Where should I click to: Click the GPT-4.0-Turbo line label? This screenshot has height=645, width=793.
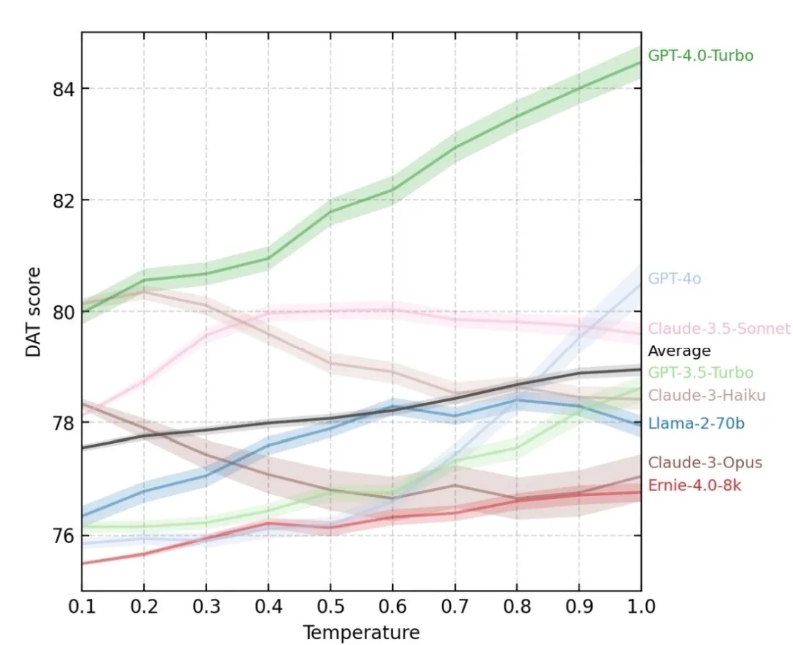pos(700,55)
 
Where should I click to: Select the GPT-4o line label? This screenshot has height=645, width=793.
pos(674,279)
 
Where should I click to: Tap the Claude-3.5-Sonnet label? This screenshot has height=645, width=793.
pos(719,329)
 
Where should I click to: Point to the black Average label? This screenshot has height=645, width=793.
pos(678,351)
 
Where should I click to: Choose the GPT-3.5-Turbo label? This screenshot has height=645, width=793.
pos(700,373)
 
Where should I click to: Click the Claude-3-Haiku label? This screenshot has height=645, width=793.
pos(697,396)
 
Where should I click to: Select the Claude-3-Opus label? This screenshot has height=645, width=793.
pos(695,463)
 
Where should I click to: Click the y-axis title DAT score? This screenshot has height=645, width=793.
pos(33,312)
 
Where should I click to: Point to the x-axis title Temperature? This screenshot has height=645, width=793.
pos(361,633)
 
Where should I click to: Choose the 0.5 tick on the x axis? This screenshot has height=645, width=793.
pos(330,607)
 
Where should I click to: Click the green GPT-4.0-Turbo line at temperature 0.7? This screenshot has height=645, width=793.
pos(455,147)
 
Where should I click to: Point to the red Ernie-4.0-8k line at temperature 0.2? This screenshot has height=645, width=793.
pos(144,553)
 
